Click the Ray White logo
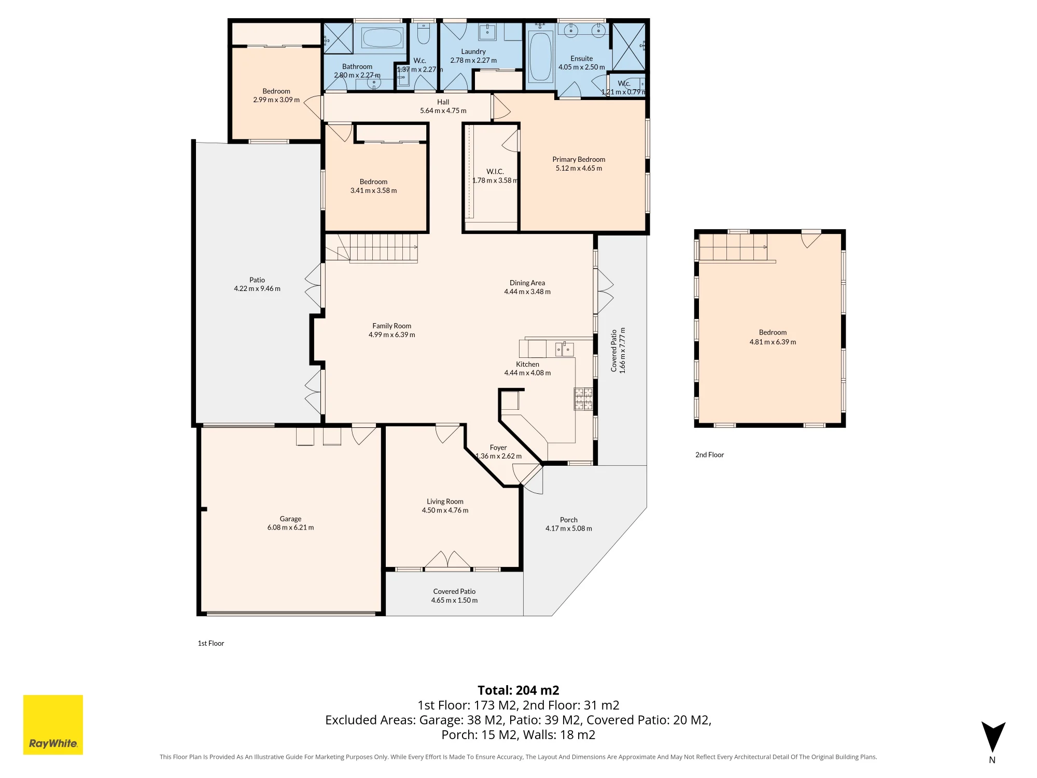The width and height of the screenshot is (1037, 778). (x=53, y=725)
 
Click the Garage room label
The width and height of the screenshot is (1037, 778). (x=290, y=519)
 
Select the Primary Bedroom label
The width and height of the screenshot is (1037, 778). (x=579, y=159)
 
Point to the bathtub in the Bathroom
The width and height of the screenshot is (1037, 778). (x=382, y=38)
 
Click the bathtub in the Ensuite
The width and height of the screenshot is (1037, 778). (x=540, y=57)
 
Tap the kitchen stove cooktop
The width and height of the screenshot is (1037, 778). (x=583, y=399)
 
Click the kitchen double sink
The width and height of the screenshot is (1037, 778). (x=564, y=350)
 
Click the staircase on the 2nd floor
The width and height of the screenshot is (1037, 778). (x=733, y=247)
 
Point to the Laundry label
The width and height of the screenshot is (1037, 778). (x=473, y=51)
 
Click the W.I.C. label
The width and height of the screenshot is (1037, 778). (x=495, y=171)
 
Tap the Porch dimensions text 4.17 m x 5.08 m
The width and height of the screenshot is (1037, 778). (x=569, y=529)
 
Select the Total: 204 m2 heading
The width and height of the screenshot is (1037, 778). (x=518, y=690)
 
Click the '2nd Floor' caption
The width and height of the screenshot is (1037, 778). (x=709, y=455)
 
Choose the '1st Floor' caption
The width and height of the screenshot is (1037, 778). (x=211, y=643)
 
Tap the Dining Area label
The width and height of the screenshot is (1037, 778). (x=527, y=283)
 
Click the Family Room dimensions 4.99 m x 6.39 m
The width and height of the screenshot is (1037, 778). (x=392, y=335)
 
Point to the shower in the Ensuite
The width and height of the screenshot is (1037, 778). (x=628, y=46)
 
